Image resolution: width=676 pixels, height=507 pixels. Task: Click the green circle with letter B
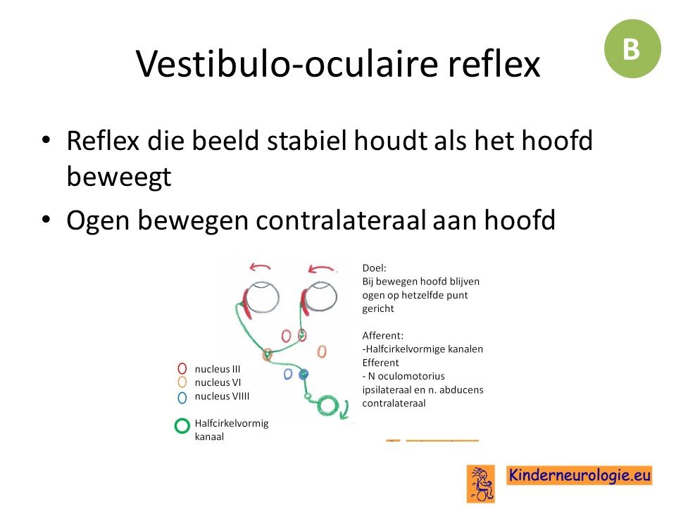pos(632,49)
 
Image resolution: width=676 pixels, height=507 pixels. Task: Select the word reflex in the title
pos(494,64)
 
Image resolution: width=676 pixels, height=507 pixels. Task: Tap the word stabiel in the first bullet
pos(306,141)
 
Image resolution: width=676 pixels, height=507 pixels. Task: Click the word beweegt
pos(119,177)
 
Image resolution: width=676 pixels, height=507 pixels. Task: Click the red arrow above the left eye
pos(260,268)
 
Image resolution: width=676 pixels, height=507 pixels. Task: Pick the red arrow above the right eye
pos(321,270)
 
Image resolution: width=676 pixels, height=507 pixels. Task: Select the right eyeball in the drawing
pos(320,297)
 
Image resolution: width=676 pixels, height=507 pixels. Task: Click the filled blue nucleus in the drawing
pos(303,374)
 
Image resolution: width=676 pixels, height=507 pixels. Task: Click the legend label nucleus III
pos(218,369)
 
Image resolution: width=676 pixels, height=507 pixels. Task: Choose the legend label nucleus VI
pos(218,382)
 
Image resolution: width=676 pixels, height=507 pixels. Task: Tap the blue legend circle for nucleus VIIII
pos(182,397)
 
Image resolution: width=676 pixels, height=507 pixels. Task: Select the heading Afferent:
pos(383,335)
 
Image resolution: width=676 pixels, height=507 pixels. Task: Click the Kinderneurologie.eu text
pos(579,475)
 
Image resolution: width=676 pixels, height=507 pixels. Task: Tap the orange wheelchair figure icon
pos(480,484)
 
